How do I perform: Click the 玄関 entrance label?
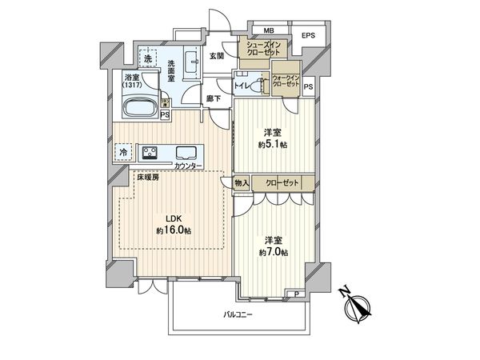[x=217, y=56]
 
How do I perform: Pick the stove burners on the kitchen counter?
[x=150, y=152]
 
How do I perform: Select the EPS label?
[x=308, y=36]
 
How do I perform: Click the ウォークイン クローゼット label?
[x=286, y=79]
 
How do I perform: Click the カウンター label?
[x=189, y=166]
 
